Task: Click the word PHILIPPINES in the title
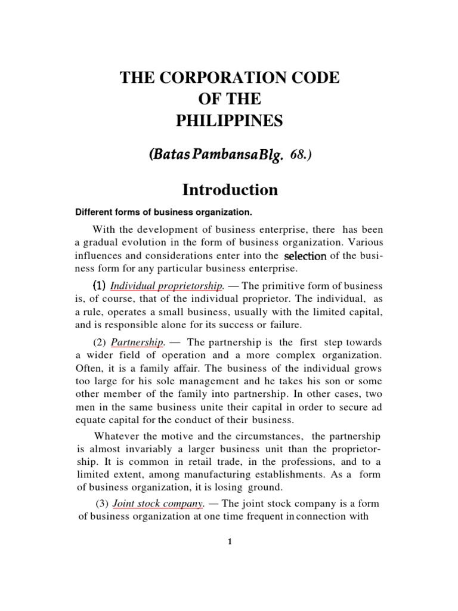click(230, 122)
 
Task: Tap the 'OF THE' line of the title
click(230, 100)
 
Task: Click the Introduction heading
click(230, 190)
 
